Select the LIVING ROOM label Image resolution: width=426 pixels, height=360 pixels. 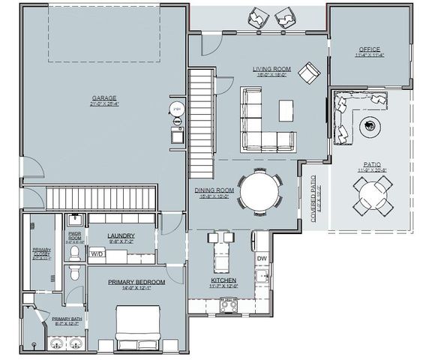(272, 69)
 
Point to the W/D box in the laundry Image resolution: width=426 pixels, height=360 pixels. (97, 255)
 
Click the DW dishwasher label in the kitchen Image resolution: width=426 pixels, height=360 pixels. (262, 258)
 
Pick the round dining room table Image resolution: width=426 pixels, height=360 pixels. (258, 190)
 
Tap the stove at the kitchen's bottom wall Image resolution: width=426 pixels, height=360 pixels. (227, 304)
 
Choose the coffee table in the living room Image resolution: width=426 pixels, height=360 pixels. (286, 111)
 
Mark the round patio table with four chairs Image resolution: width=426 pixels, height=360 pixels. (373, 196)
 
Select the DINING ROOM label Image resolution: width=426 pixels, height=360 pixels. (214, 190)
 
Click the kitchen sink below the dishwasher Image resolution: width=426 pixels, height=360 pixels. (262, 279)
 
